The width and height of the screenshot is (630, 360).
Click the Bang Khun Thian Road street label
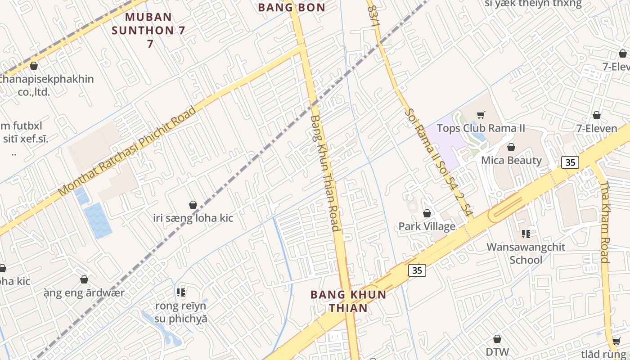click(324, 173)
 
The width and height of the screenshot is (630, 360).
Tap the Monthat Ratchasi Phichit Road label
click(128, 151)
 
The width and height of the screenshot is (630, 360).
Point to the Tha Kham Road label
click(605, 221)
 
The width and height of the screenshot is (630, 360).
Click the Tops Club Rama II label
click(481, 128)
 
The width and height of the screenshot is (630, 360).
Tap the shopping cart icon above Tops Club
click(481, 115)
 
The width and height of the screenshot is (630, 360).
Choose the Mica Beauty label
click(511, 160)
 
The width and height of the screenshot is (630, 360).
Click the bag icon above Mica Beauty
click(511, 147)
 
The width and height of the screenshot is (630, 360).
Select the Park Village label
click(427, 226)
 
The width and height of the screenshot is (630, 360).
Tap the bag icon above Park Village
click(427, 213)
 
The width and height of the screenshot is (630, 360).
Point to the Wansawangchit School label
click(526, 253)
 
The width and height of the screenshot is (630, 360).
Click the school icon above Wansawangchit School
click(526, 234)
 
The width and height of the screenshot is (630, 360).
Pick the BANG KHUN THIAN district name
click(348, 301)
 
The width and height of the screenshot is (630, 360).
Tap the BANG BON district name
click(292, 7)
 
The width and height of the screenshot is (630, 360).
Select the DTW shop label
click(497, 351)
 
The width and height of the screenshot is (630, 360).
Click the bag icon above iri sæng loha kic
click(193, 205)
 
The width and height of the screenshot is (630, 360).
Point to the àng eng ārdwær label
click(84, 293)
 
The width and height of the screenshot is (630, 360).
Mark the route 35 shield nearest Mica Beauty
click(570, 162)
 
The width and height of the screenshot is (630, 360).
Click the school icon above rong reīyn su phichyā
click(181, 293)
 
